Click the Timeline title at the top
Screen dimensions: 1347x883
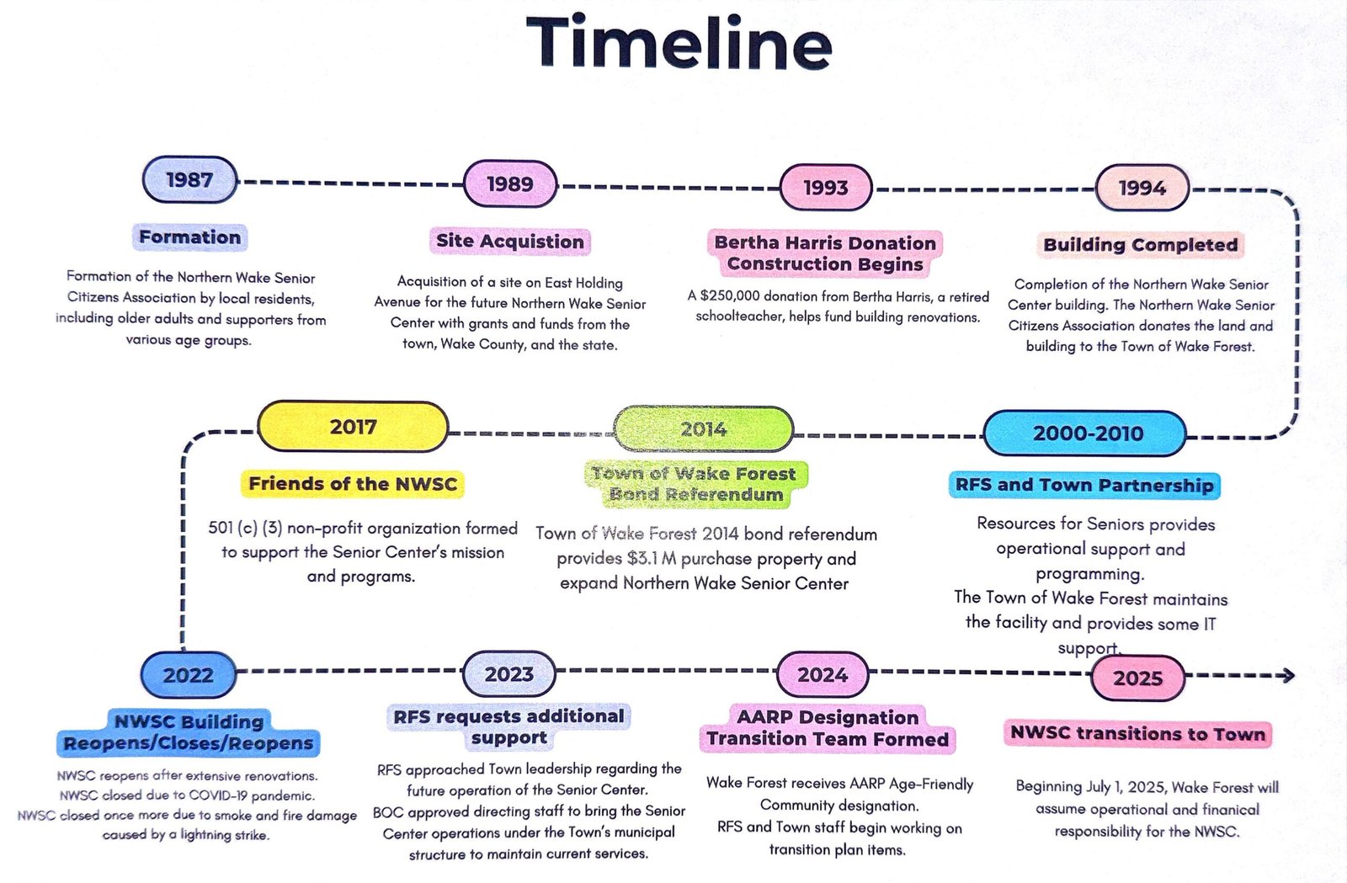click(x=679, y=43)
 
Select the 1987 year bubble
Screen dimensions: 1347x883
click(x=190, y=180)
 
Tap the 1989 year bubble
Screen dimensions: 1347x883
click(x=510, y=184)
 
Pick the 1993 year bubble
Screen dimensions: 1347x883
click(x=826, y=188)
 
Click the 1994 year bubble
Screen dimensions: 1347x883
click(x=1142, y=189)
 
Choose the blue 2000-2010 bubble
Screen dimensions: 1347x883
click(x=1086, y=434)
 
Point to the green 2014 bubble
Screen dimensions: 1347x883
click(x=704, y=429)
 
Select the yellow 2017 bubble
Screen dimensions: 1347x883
click(x=353, y=427)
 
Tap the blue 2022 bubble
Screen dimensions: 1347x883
click(x=189, y=675)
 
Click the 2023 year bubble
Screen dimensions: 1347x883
click(x=508, y=673)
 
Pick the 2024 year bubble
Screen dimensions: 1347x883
click(x=823, y=674)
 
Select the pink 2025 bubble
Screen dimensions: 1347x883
click(x=1137, y=678)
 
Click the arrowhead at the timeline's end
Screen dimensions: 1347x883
click(x=1287, y=676)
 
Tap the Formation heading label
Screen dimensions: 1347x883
click(x=190, y=237)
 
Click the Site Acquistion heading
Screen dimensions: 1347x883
click(x=510, y=242)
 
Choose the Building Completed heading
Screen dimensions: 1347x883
click(x=1140, y=245)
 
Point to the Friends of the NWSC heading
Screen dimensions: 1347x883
click(x=353, y=484)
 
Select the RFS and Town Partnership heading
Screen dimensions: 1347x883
click(x=1085, y=486)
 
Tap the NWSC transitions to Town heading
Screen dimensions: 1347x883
click(x=1137, y=734)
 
